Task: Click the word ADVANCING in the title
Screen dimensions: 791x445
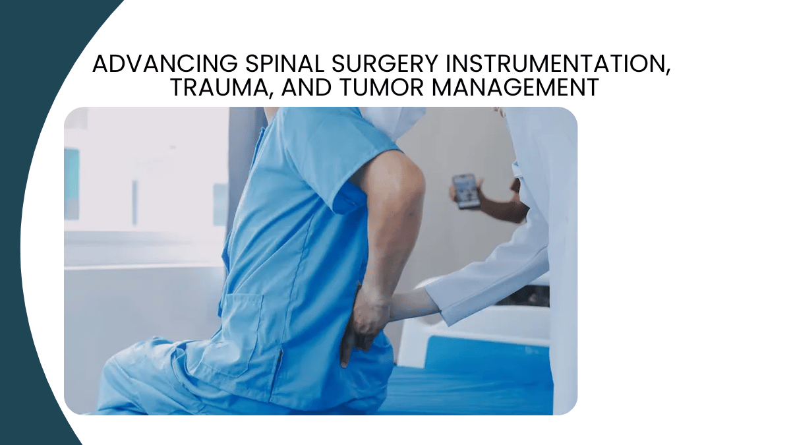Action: click(165, 63)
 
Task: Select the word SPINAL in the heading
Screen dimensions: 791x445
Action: click(285, 63)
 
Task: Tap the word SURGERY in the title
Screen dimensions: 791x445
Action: click(385, 63)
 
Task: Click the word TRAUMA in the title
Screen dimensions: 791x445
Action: click(220, 87)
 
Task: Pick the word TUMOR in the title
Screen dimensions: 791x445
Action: click(382, 87)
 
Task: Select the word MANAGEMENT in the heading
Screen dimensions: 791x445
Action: click(515, 87)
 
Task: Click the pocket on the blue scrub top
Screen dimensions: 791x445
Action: click(241, 328)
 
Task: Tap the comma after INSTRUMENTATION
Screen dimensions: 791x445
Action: click(668, 72)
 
